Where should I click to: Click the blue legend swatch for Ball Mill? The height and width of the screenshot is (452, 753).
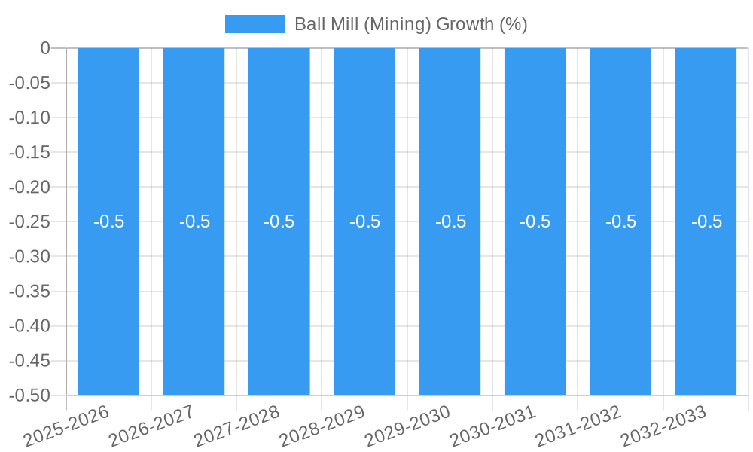[x=255, y=24]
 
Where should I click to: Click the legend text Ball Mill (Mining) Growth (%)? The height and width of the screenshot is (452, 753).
[x=410, y=24]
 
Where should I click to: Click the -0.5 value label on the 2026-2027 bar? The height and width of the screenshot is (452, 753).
[x=194, y=221]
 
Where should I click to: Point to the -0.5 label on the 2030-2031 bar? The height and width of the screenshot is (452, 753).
[x=535, y=221]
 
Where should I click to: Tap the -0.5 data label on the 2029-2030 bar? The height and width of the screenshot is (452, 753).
[x=450, y=221]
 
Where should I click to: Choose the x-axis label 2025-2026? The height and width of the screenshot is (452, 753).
[x=67, y=426]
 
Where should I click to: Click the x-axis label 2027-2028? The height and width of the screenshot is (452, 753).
[x=237, y=426]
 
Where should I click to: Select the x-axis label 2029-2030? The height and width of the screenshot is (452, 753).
[x=407, y=426]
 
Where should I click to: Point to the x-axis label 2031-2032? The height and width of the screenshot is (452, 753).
[x=578, y=426]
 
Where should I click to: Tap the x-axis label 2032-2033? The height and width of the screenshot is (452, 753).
[x=663, y=426]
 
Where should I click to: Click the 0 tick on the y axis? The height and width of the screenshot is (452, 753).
[x=45, y=48]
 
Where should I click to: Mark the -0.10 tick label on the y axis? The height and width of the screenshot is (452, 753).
[x=29, y=118]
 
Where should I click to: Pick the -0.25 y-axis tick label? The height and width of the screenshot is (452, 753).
[x=29, y=222]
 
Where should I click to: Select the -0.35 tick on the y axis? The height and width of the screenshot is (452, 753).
[x=29, y=292]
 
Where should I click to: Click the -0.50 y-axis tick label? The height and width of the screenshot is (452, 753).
[x=29, y=395]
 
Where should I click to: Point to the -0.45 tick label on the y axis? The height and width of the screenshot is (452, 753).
[x=29, y=361]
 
